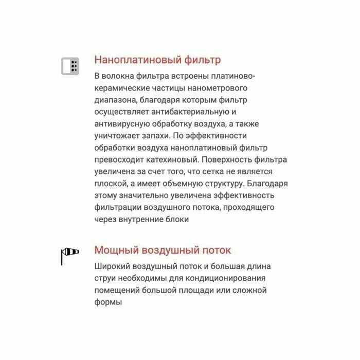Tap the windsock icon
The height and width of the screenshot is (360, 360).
[69, 254]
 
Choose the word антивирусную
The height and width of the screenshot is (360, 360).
[122, 123]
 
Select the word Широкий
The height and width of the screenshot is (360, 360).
[113, 267]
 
